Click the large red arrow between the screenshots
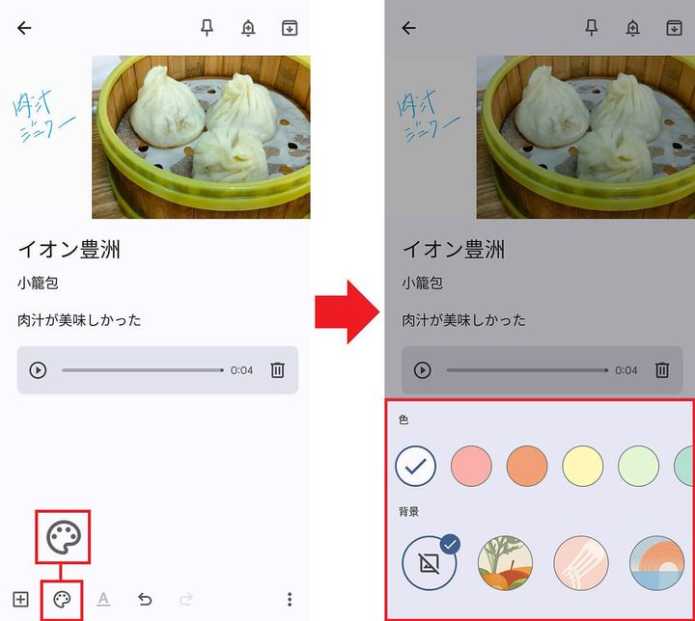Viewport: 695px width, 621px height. coord(347,310)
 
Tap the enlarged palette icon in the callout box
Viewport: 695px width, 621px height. coord(64,537)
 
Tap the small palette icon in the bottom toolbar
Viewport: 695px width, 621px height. coord(62,600)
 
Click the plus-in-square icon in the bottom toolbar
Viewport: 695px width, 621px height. coord(20,600)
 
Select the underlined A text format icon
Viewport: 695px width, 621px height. coord(103,600)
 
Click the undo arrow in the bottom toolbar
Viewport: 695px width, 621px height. coord(145,600)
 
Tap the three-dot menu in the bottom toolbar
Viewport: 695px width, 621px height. coord(289,600)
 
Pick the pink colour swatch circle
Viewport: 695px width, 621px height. coord(471,466)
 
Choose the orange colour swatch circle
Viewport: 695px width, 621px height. coord(527,466)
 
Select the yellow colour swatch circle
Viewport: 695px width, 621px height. coord(583,466)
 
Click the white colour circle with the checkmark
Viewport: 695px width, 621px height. coord(416,466)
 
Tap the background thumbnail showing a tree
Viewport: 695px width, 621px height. coord(505,562)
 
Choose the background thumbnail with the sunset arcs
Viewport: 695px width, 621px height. coord(656,562)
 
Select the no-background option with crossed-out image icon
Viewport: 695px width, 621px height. coord(430,562)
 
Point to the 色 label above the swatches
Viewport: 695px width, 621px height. coord(403,420)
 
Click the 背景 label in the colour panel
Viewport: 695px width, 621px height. coord(408,511)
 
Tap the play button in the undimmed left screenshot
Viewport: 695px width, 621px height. coord(38,370)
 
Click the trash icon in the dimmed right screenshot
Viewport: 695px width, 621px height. coord(662,370)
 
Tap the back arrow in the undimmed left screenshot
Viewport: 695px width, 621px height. coord(24,28)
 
